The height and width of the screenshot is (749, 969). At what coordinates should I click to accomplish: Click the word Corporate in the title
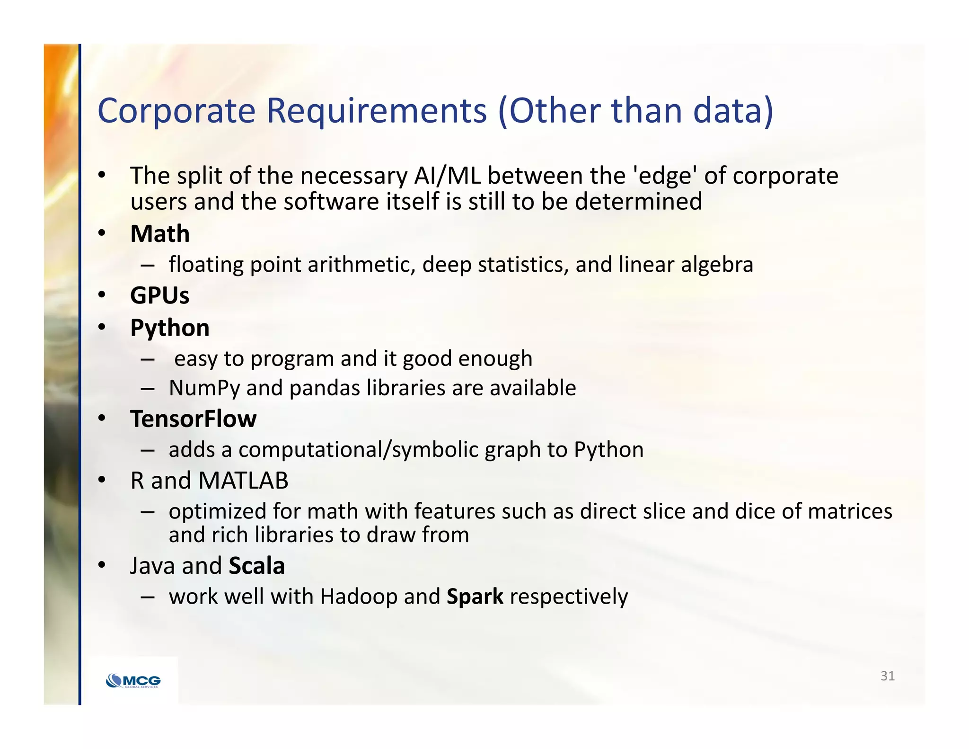click(176, 111)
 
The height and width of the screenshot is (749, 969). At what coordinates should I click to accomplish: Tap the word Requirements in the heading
click(376, 111)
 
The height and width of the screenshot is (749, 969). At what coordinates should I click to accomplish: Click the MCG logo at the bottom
click(133, 681)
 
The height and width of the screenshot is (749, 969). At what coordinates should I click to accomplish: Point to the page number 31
click(887, 676)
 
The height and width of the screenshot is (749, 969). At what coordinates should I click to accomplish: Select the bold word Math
click(160, 234)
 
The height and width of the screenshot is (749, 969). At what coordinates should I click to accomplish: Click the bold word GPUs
click(159, 296)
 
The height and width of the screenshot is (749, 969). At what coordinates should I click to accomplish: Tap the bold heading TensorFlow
click(193, 419)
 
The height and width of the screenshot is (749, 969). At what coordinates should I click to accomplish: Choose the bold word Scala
click(256, 566)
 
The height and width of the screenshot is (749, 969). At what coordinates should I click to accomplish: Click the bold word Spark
click(475, 597)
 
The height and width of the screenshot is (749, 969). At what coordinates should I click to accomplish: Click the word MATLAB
click(243, 481)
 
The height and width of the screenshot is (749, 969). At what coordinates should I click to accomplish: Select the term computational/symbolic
click(358, 450)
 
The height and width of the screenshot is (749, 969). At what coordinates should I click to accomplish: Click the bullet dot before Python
click(101, 327)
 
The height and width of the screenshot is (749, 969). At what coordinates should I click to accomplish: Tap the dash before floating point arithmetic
click(147, 265)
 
